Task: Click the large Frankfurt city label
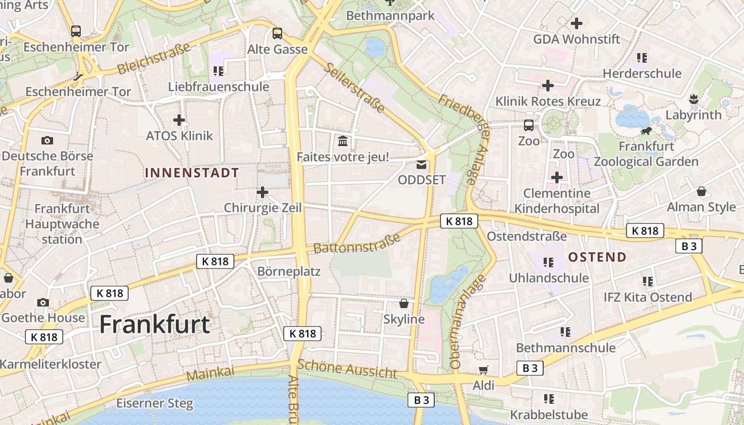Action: pos(155,324)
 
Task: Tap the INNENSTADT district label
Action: pos(192,173)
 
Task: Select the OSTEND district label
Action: pos(597,257)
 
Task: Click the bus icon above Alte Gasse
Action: pos(277,33)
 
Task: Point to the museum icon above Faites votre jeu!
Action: pos(343,141)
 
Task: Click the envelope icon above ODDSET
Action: pos(421,165)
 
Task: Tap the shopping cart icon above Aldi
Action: pos(483,370)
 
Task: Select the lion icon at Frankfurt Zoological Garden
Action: pos(646,131)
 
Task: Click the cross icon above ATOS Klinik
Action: pos(179,120)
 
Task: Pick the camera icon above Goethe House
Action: pos(43,302)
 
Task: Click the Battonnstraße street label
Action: pos(357,243)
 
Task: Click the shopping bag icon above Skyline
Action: pos(404,303)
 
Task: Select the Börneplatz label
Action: pos(289,271)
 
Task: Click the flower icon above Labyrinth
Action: pos(694,99)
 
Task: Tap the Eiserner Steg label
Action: pos(155,403)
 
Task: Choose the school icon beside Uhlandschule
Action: pos(548,262)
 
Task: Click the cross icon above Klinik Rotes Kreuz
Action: pos(547,86)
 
